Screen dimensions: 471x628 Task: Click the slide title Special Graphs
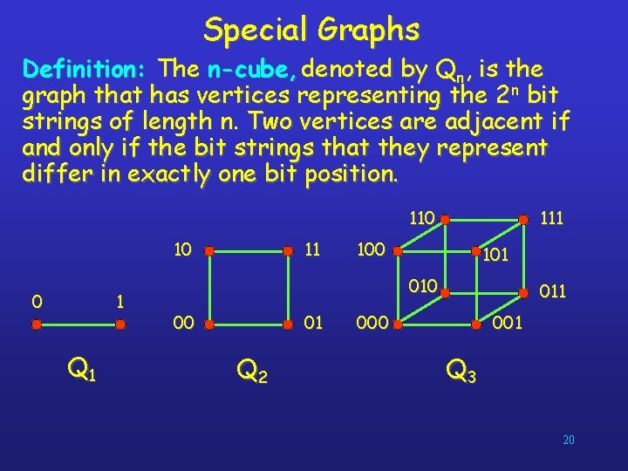coord(311,30)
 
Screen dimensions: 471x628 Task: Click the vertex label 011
coord(553,289)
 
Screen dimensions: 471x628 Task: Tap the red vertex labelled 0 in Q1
coord(37,324)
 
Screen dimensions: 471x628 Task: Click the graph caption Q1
coord(82,372)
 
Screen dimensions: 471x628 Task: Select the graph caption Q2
coord(252,372)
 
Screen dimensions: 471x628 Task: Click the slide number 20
coord(568,440)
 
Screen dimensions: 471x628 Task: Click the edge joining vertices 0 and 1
coord(79,324)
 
